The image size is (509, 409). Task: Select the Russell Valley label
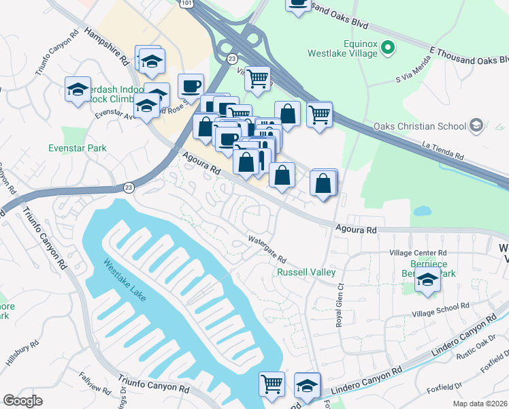pyautogui.click(x=306, y=273)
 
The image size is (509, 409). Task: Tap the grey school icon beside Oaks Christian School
pyautogui.click(x=476, y=125)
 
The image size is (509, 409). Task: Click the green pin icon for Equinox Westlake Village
pyautogui.click(x=388, y=47)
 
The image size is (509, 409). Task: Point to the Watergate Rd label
pyautogui.click(x=267, y=251)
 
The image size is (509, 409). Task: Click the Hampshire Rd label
pyautogui.click(x=108, y=46)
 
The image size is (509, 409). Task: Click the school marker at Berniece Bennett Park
pyautogui.click(x=428, y=281)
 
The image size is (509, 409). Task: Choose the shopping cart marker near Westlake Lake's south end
pyautogui.click(x=272, y=384)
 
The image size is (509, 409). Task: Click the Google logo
pyautogui.click(x=22, y=401)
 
